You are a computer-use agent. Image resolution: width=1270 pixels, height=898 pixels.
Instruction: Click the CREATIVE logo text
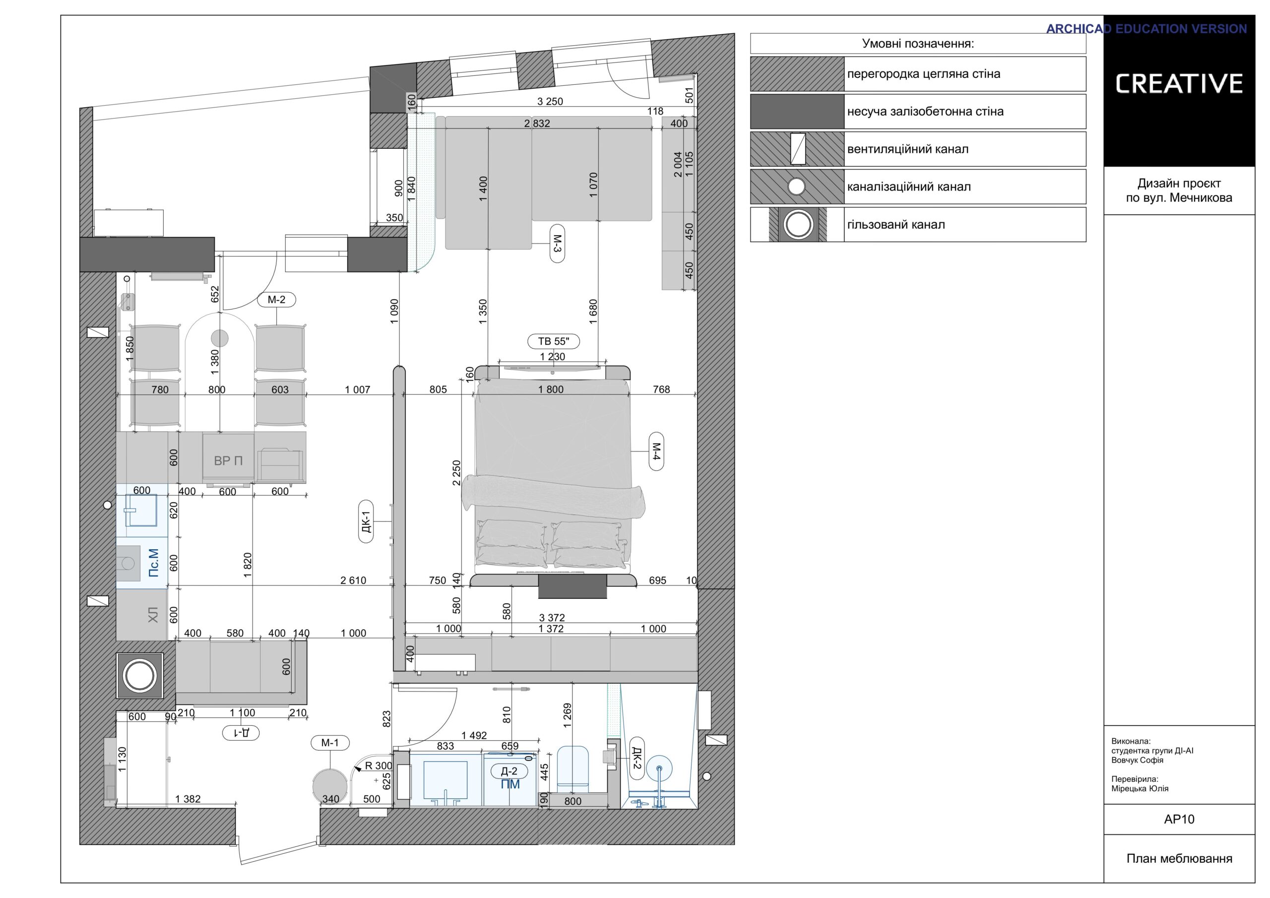click(1179, 83)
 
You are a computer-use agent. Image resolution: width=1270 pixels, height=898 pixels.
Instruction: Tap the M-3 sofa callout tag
click(557, 244)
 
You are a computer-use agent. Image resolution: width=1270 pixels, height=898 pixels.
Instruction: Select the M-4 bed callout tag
click(656, 451)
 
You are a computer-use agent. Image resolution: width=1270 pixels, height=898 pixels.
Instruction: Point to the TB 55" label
click(553, 341)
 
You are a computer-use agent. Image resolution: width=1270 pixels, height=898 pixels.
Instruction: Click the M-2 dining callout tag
click(276, 300)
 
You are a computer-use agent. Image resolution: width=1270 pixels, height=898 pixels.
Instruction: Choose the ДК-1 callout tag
click(366, 522)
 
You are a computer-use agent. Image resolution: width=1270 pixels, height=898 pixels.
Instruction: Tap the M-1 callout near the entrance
click(330, 743)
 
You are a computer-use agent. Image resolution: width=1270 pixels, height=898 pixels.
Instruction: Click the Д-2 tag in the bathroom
click(509, 770)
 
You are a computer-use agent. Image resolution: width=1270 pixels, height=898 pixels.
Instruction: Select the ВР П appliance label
click(228, 460)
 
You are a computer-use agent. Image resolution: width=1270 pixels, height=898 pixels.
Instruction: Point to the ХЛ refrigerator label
click(153, 615)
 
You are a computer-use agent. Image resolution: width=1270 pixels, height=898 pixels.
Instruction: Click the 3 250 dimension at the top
click(550, 101)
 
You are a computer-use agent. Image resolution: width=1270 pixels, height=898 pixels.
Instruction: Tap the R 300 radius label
click(379, 766)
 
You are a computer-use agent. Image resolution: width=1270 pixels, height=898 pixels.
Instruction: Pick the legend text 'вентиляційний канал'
click(908, 149)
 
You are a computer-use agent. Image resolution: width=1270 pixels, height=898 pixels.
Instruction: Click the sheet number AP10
click(1179, 819)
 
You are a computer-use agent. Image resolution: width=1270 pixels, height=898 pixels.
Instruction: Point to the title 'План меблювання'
click(1179, 858)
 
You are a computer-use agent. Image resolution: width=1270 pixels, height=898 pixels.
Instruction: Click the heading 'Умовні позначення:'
click(918, 44)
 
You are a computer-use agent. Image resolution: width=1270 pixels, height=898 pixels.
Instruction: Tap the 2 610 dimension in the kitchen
click(353, 580)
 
